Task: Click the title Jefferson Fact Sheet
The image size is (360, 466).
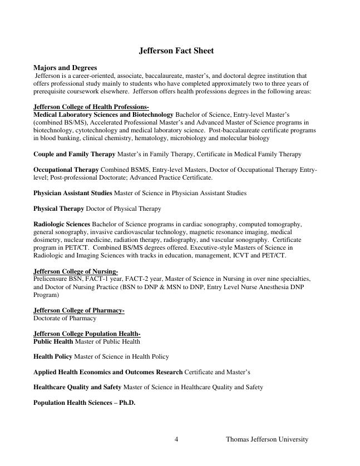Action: (176, 51)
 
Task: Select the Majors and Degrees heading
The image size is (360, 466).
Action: (65, 68)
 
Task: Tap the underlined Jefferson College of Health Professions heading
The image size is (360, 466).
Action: (91, 107)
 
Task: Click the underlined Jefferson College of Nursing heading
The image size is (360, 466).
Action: (75, 271)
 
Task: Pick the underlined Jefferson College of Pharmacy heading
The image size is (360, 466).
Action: (78, 310)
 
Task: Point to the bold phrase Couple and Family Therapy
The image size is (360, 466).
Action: (74, 154)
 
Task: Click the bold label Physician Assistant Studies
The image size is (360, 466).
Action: (73, 193)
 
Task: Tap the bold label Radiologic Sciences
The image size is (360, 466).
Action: (61, 224)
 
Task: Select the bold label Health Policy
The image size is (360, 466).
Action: (53, 356)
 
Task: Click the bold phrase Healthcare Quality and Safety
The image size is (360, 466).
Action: (77, 387)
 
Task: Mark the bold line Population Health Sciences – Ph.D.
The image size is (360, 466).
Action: (84, 403)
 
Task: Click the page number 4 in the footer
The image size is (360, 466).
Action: (176, 439)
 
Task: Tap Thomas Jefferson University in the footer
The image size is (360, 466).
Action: (267, 439)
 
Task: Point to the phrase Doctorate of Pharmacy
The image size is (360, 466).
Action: (65, 318)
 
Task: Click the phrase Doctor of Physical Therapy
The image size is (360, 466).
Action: (123, 209)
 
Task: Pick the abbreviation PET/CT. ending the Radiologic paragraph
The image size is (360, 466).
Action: (274, 255)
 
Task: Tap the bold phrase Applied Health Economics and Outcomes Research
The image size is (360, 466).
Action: (108, 371)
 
